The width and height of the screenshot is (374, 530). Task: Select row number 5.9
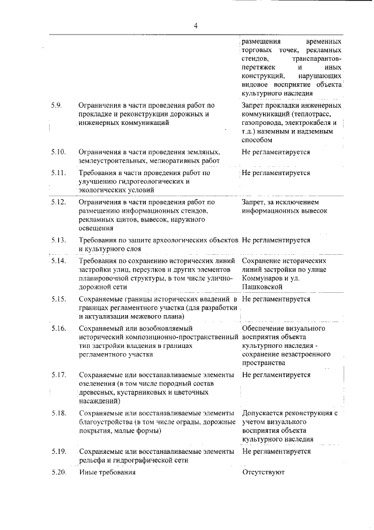(x=57, y=105)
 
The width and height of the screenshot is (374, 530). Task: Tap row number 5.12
(x=58, y=202)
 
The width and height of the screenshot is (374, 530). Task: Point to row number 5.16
(x=58, y=329)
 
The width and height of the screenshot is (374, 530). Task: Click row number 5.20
(x=58, y=472)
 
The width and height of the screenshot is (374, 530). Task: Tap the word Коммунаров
(x=265, y=278)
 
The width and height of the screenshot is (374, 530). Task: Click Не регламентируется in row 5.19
(x=276, y=452)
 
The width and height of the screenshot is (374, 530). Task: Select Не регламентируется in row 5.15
(x=276, y=299)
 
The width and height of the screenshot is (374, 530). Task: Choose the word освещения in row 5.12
(x=96, y=228)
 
